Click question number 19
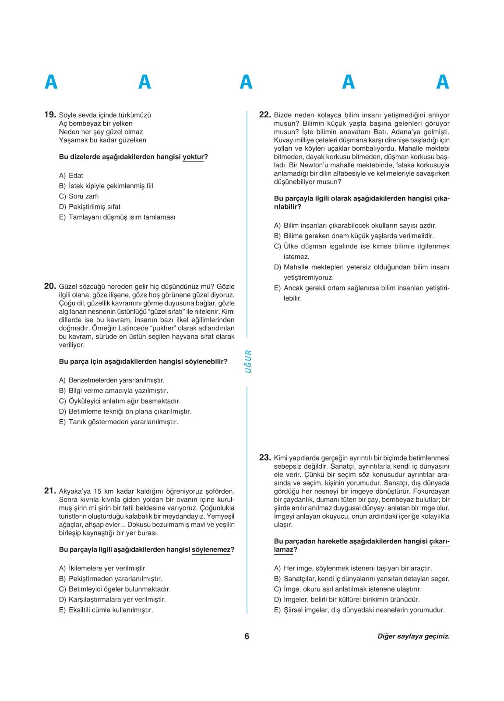pyautogui.click(x=50, y=115)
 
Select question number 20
pyautogui.click(x=50, y=287)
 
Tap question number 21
pyautogui.click(x=50, y=491)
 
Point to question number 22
pyautogui.click(x=265, y=115)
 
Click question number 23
pyautogui.click(x=265, y=458)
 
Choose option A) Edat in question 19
pyautogui.click(x=71, y=175)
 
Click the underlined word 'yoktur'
pyautogui.click(x=193, y=157)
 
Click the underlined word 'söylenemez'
pyautogui.click(x=211, y=549)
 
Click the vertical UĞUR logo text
pyautogui.click(x=248, y=361)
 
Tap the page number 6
pyautogui.click(x=247, y=636)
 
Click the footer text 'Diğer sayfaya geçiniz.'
pyautogui.click(x=413, y=636)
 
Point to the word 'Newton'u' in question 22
pyautogui.click(x=313, y=165)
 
